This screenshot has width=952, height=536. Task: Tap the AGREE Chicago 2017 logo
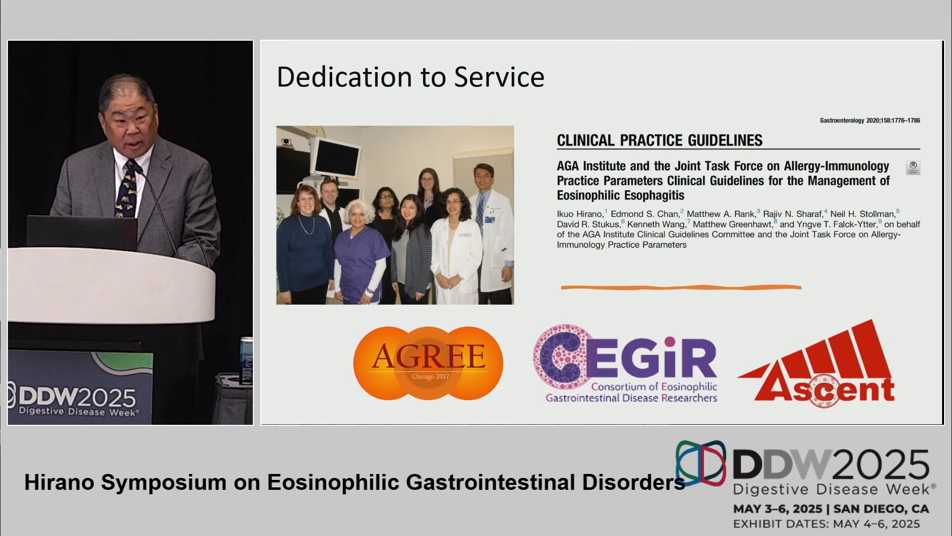(x=428, y=363)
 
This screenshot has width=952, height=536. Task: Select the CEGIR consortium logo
(x=625, y=364)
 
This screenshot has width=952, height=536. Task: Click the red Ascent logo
(x=817, y=364)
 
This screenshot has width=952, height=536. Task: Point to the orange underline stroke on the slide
(x=681, y=287)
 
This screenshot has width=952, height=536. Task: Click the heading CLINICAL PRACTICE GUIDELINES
(x=659, y=140)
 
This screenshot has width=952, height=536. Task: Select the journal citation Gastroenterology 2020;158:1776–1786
(x=870, y=121)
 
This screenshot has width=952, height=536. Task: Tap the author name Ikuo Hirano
(x=580, y=214)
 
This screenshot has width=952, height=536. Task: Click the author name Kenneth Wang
(x=656, y=224)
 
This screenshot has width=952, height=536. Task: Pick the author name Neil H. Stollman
(x=862, y=214)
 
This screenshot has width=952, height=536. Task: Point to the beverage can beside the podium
(x=246, y=361)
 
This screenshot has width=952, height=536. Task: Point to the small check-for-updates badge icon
(x=913, y=167)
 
